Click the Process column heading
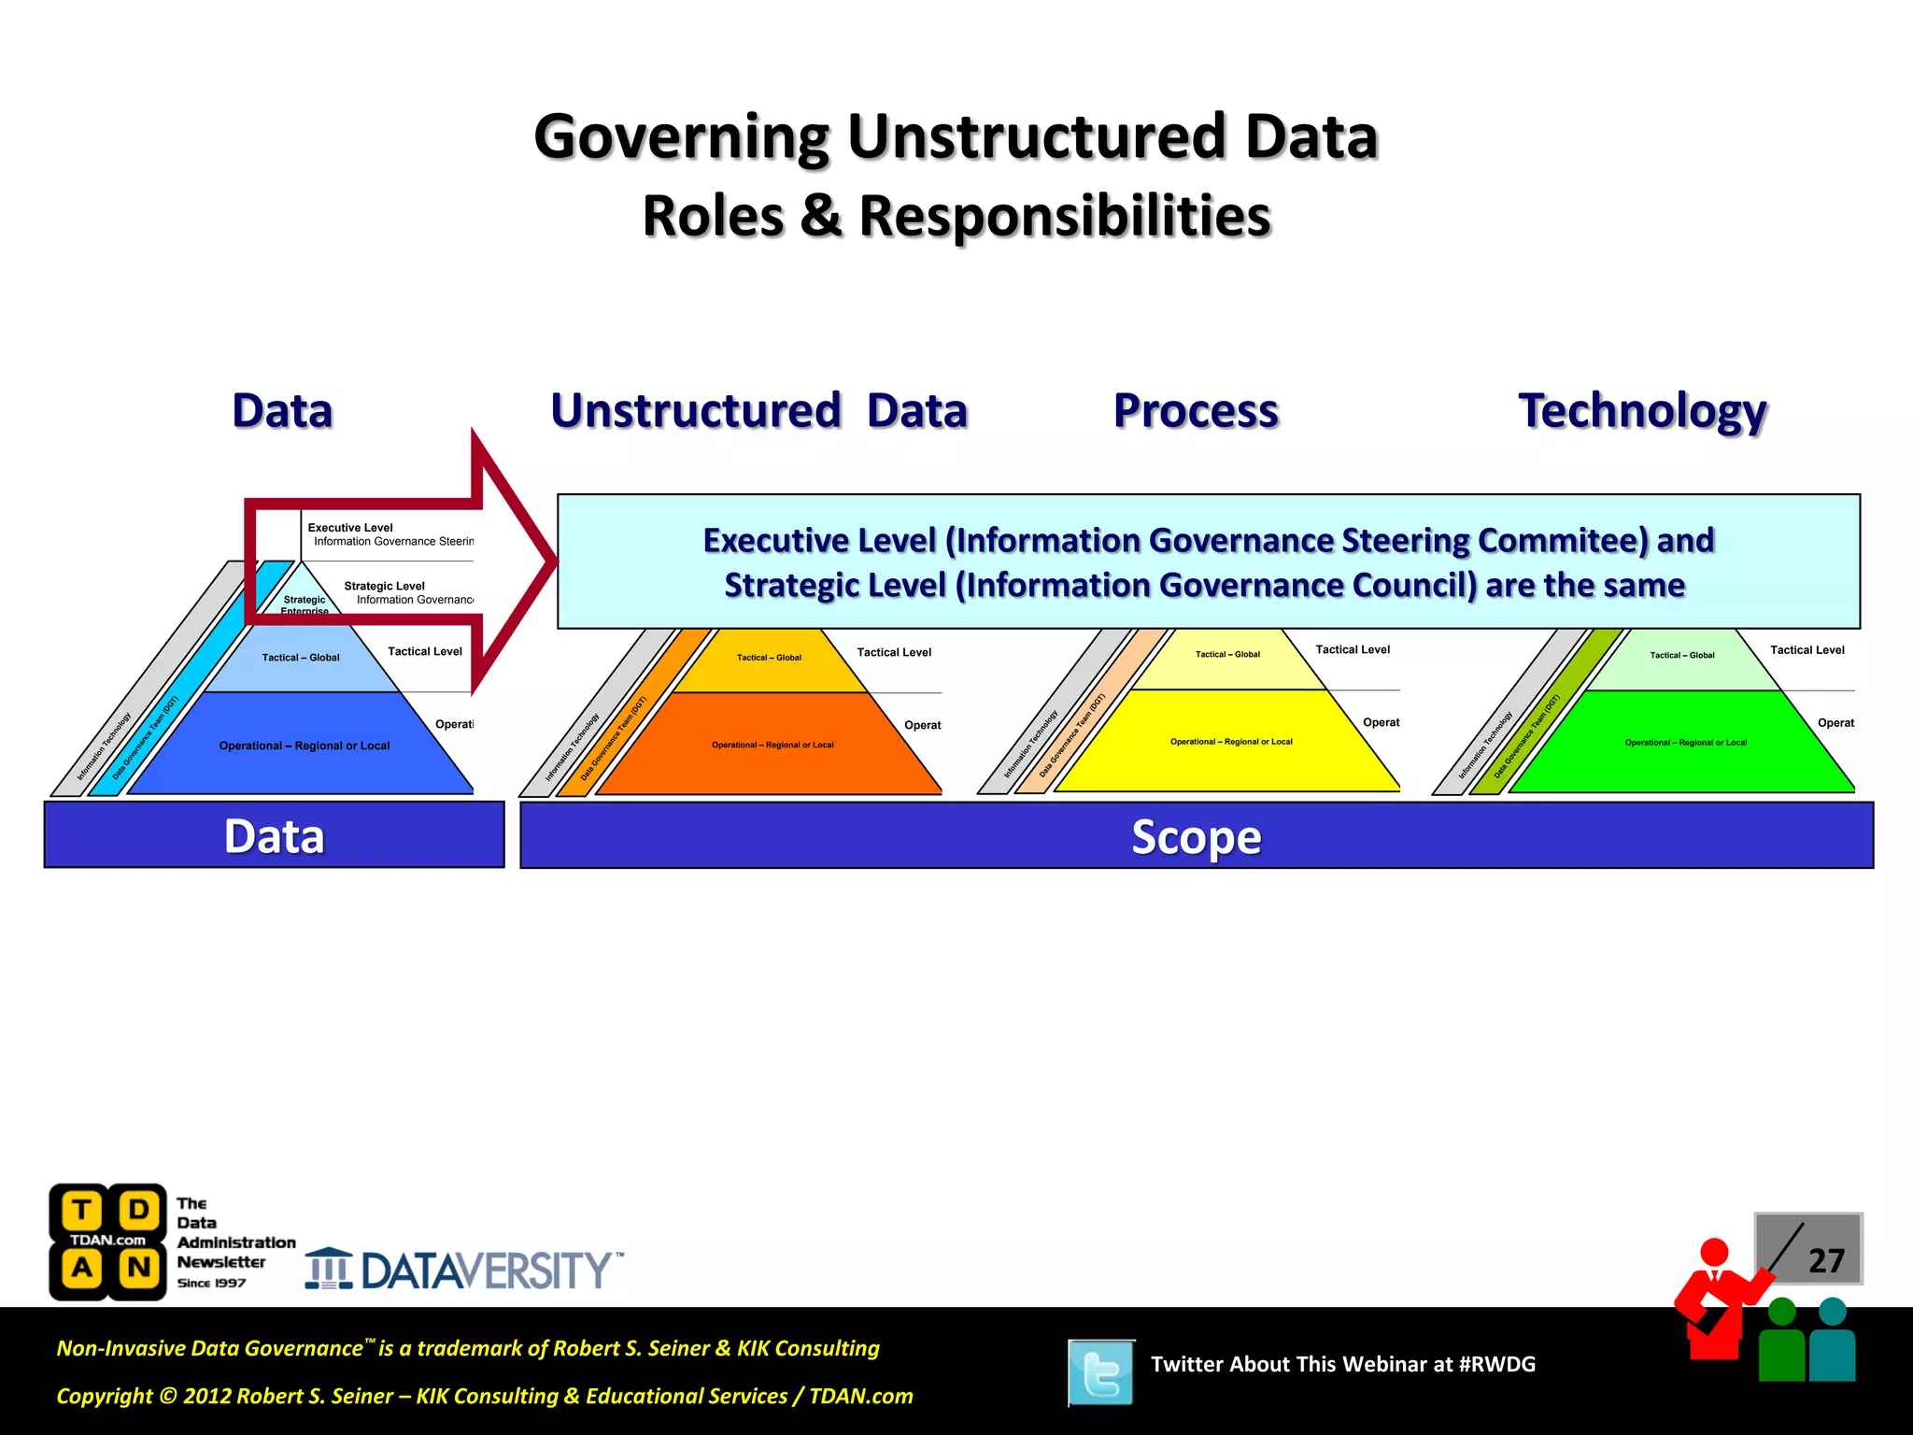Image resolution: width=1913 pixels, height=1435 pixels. pyautogui.click(x=1196, y=411)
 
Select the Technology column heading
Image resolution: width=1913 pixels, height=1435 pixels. pyautogui.click(x=1642, y=411)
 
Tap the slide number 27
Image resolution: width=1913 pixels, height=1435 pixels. pyautogui.click(x=1825, y=1261)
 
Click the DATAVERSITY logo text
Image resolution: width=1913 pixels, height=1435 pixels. pyautogui.click(x=486, y=1271)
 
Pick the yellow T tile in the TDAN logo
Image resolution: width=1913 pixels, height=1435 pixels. pyautogui.click(x=82, y=1211)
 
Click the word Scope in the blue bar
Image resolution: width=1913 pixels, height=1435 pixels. pyautogui.click(x=1196, y=836)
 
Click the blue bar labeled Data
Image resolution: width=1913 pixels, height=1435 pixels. pyautogui.click(x=274, y=835)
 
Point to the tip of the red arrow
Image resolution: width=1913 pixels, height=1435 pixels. pyautogui.click(x=555, y=561)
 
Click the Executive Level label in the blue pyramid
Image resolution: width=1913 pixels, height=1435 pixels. pyautogui.click(x=350, y=528)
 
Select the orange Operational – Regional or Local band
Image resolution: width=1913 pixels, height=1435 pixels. pyautogui.click(x=772, y=745)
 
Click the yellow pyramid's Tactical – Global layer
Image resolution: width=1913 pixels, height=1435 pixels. pyautogui.click(x=1227, y=654)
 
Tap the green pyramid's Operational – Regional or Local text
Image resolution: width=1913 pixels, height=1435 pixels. pyautogui.click(x=1685, y=743)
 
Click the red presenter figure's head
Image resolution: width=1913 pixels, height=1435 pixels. pyautogui.click(x=1714, y=1252)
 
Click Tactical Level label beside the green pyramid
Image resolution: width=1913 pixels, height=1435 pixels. pyautogui.click(x=1807, y=650)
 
